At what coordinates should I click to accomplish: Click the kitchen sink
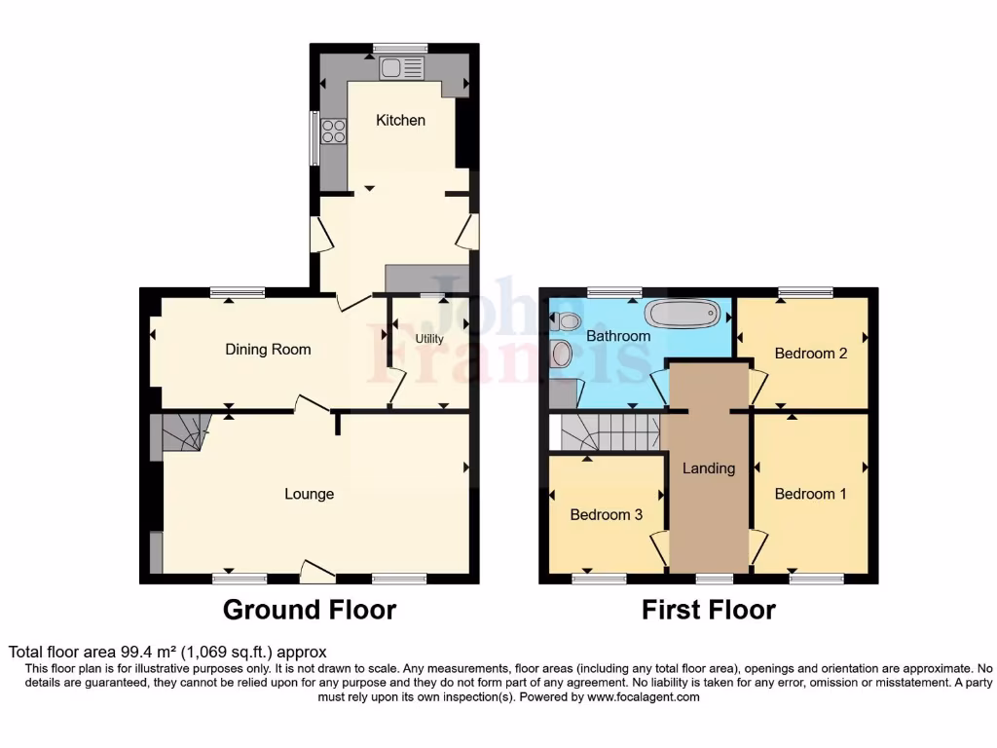(x=402, y=68)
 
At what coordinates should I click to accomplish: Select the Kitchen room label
(x=401, y=121)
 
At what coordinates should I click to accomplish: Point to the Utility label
(x=429, y=339)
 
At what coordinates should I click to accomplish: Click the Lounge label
(x=309, y=494)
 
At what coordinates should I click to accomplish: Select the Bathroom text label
(x=617, y=336)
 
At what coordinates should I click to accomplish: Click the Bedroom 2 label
(x=810, y=354)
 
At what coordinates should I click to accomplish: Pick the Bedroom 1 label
(x=810, y=494)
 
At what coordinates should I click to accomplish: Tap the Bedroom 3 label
(x=606, y=514)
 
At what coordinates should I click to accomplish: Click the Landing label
(x=708, y=468)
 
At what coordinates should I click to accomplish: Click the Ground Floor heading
(x=309, y=611)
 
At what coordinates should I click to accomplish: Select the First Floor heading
(x=708, y=611)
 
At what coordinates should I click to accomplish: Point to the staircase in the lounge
(x=185, y=431)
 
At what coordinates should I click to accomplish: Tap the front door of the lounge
(x=316, y=573)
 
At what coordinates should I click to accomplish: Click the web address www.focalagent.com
(x=643, y=697)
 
